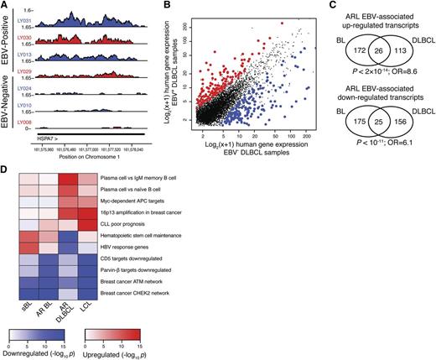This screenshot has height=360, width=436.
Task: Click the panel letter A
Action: click(x=5, y=6)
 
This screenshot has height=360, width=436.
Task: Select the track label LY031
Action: click(x=28, y=18)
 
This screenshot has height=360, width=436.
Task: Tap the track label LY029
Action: click(x=28, y=73)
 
